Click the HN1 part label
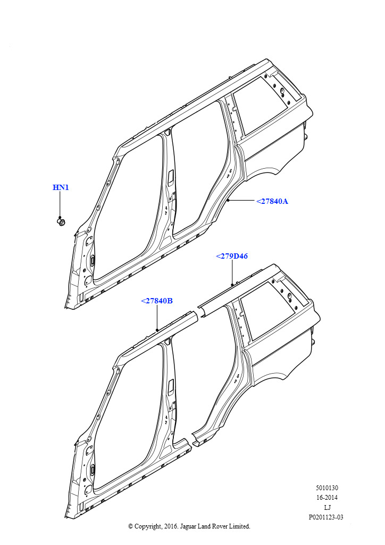click(61, 187)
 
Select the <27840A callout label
click(272, 201)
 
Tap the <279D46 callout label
click(232, 256)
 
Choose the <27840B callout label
click(156, 301)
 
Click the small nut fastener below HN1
click(61, 222)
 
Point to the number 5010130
click(327, 488)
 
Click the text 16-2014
click(327, 498)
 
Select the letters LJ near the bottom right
click(327, 507)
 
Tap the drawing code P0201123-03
click(326, 517)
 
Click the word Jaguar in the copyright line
click(188, 526)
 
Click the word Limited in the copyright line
click(239, 526)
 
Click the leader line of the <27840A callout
click(241, 201)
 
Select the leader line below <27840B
click(157, 317)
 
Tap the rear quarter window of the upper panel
click(261, 104)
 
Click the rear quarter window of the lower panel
click(268, 310)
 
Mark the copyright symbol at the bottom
click(130, 526)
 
